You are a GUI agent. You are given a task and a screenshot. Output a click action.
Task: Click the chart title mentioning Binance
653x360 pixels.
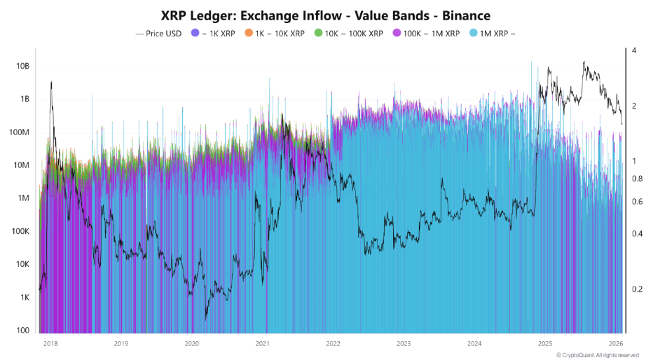(326, 15)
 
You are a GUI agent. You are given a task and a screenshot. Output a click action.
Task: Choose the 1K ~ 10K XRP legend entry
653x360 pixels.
(275, 33)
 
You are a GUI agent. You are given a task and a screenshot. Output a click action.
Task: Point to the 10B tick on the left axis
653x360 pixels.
(22, 66)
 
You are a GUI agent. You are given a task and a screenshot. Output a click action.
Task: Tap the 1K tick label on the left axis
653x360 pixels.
(24, 298)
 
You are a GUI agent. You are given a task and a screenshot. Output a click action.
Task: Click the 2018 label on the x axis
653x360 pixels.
(50, 344)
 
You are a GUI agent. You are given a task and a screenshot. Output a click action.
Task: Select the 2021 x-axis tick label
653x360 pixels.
(262, 344)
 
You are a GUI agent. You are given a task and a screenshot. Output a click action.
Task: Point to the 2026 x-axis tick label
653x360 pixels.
(615, 344)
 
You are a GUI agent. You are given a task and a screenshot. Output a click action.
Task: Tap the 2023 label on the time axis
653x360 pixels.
(404, 344)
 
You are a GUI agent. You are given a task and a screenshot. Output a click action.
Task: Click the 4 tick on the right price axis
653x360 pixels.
(633, 51)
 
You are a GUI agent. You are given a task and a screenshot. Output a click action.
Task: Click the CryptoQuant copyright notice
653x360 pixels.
(598, 355)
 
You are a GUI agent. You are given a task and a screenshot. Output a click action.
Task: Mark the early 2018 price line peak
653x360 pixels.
(51, 83)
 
